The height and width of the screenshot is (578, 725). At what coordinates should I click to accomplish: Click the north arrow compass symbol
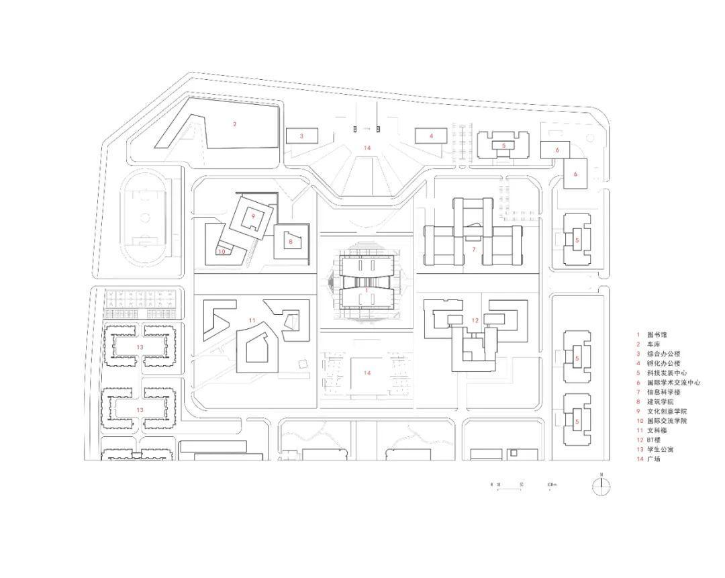point(601,485)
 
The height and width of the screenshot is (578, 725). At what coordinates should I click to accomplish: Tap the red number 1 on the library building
point(367,290)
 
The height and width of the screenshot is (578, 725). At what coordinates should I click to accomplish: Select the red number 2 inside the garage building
point(235,124)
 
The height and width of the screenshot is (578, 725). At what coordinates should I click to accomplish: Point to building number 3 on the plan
point(301,136)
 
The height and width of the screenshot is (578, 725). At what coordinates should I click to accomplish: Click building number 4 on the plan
point(432,136)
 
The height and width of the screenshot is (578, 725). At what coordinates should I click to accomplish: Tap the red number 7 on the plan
point(474,250)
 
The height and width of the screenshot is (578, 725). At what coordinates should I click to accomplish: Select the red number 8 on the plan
point(291,241)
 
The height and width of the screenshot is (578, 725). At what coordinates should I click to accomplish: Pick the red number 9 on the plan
point(252,216)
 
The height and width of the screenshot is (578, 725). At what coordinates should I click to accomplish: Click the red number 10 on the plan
point(221,252)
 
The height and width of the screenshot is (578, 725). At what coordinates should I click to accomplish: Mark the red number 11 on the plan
point(252,321)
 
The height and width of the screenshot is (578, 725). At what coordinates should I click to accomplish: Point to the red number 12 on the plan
point(475,321)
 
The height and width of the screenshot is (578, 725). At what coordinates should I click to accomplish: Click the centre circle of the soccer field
point(142,218)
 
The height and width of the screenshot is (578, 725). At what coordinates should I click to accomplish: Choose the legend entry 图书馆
point(657,334)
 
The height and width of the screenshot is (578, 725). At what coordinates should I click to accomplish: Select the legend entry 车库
point(653,344)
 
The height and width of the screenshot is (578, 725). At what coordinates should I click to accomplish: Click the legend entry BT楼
point(655,440)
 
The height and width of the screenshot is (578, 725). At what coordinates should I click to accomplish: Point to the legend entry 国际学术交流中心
point(673,382)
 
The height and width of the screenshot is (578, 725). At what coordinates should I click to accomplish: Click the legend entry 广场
point(653,459)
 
